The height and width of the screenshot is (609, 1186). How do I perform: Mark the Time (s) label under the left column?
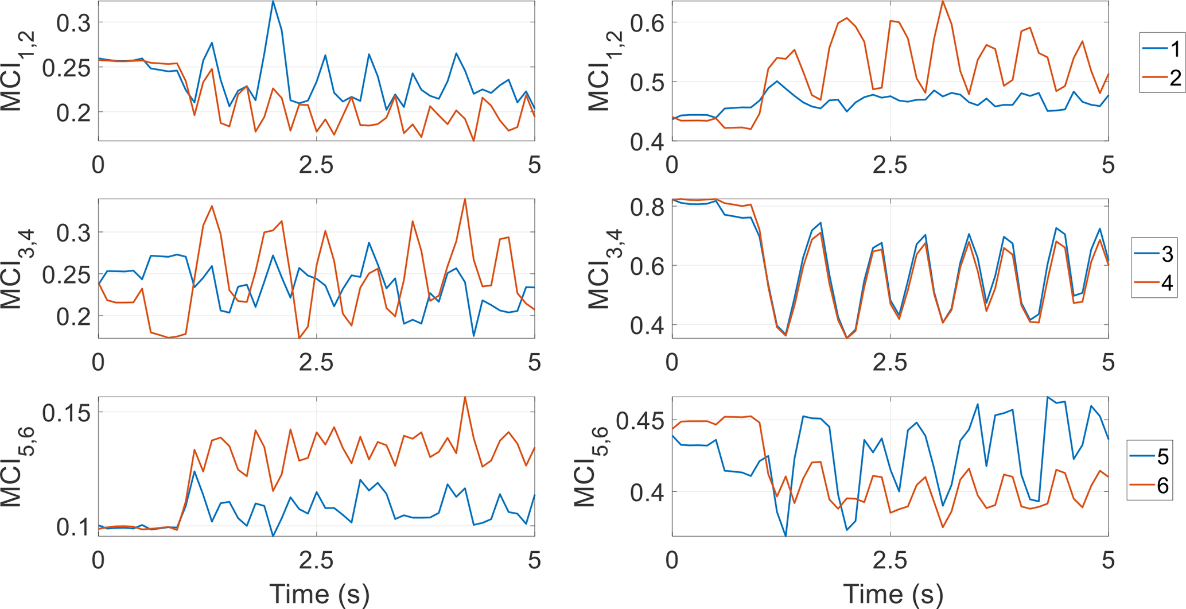coord(319,594)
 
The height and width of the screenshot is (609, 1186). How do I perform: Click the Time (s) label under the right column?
coord(893,594)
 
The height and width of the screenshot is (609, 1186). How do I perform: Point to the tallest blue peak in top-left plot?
coord(273,2)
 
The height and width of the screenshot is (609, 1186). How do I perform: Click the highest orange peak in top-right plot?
coord(942,2)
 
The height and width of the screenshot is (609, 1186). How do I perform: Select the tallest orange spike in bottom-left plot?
coord(465,397)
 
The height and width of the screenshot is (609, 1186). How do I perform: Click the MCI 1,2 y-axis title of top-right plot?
coord(600,71)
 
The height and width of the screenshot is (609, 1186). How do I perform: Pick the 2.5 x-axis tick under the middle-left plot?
coord(316,363)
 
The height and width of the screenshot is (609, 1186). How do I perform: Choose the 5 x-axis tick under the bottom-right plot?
coord(1108,560)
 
